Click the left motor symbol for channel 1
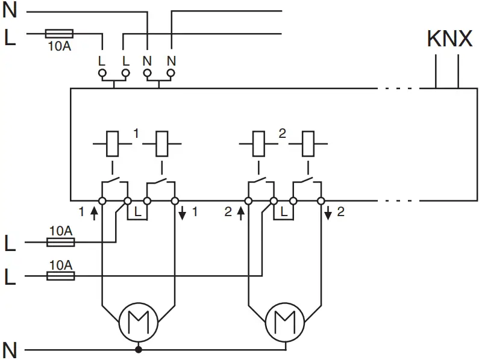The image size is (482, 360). [138, 321]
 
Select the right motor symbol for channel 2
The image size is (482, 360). [284, 321]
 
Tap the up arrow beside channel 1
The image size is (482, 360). [93, 213]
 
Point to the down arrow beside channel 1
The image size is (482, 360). [182, 213]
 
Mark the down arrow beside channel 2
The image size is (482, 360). [328, 213]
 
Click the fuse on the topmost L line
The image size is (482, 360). [60, 34]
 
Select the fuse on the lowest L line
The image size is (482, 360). [61, 276]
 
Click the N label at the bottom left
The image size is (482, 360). [10, 349]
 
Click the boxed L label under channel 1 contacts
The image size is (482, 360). [137, 212]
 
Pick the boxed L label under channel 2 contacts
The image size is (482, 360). [284, 212]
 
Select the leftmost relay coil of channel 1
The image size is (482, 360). [112, 144]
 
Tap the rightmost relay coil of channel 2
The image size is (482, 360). [308, 144]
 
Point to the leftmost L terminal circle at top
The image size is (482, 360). [102, 73]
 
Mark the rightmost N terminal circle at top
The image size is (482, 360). [171, 73]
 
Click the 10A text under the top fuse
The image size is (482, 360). [59, 46]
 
